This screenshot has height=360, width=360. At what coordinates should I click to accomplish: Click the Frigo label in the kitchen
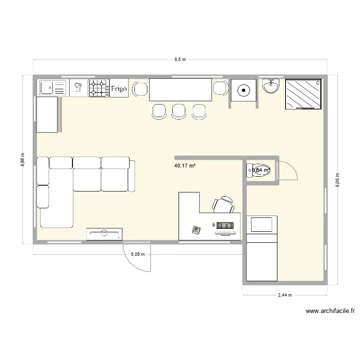pyautogui.click(x=119, y=89)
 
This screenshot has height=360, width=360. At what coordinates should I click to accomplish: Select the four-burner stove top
pyautogui.click(x=97, y=88)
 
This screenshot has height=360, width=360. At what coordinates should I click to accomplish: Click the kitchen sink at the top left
pyautogui.click(x=52, y=88)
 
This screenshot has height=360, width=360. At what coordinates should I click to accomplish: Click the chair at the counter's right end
pyautogui.click(x=220, y=88)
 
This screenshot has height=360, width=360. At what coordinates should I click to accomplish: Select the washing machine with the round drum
pyautogui.click(x=244, y=89)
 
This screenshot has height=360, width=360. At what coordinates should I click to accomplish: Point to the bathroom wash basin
pyautogui.click(x=271, y=87)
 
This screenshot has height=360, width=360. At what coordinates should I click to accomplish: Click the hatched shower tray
pyautogui.click(x=303, y=94)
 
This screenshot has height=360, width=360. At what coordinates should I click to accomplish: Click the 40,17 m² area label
pyautogui.click(x=185, y=166)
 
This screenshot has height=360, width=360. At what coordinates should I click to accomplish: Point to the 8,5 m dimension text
pyautogui.click(x=180, y=60)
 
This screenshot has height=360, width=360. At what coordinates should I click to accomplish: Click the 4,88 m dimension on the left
pyautogui.click(x=23, y=160)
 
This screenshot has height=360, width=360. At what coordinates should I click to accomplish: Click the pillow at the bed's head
pyautogui.click(x=262, y=224)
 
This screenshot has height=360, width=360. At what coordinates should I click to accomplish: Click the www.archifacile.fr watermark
pyautogui.click(x=329, y=311)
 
